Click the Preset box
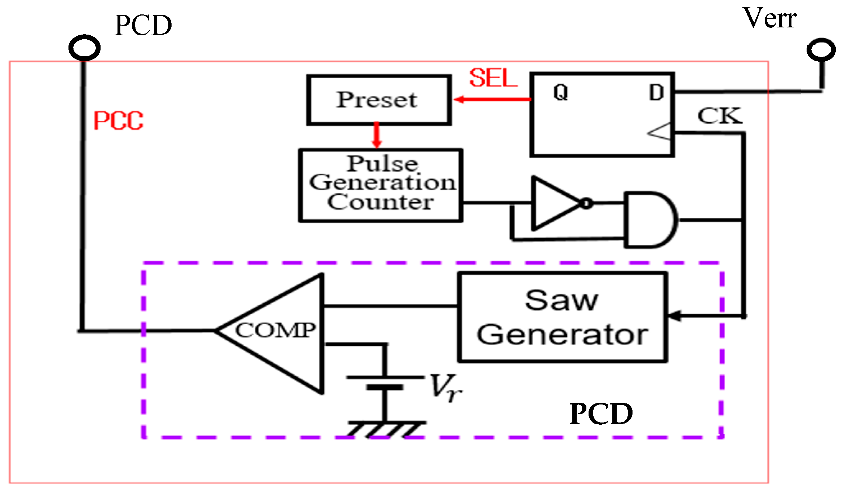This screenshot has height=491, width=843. pos(378,100)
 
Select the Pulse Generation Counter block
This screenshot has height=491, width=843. pos(381,185)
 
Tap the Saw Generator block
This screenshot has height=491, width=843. pos(562,317)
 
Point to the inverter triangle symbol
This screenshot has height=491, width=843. pos(553,204)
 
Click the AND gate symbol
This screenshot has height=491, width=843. pos(649,220)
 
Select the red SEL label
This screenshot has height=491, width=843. pos(493,78)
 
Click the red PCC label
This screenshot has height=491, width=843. pos(118,121)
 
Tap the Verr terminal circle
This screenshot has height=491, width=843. pos(821,50)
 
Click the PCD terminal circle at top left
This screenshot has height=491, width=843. pos(84,48)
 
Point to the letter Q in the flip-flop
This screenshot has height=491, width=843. pos(561,92)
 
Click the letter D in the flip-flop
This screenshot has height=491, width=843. pos(656,92)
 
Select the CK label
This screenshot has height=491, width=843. pos(719,116)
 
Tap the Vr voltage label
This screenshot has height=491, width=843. pos(445,388)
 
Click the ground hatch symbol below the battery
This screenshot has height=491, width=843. pos(386,429)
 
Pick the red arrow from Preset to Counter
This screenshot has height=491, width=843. pos(377,135)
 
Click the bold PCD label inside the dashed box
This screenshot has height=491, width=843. pos(601,414)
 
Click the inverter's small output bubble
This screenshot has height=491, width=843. pos(587,204)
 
